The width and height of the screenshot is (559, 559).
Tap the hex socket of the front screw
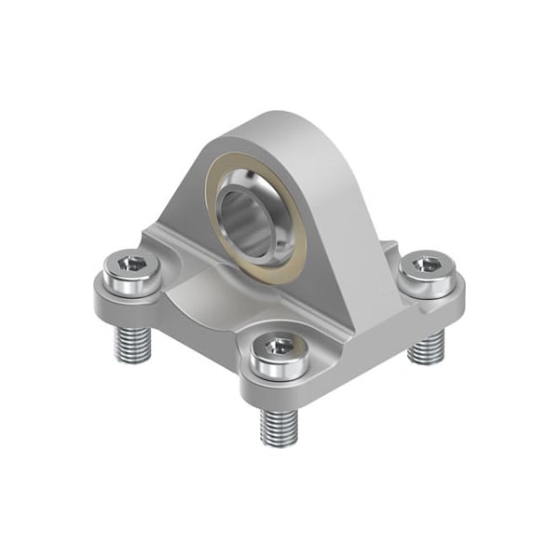[x=279, y=346]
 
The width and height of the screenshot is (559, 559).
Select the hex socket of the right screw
[x=427, y=265]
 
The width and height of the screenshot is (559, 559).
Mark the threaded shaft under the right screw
[x=428, y=347]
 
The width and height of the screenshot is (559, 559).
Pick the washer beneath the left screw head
[x=133, y=285]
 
